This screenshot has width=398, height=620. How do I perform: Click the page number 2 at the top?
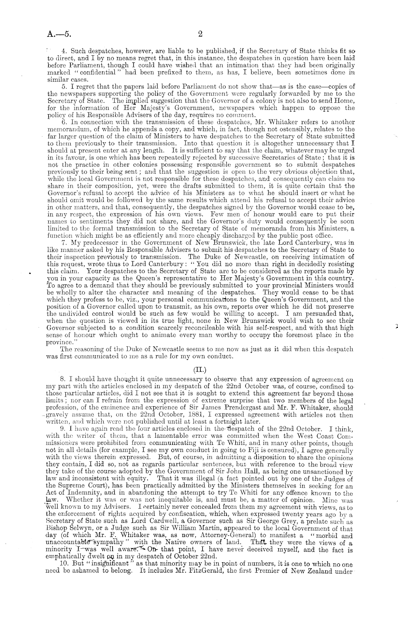[200, 34]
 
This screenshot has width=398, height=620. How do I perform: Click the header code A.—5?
[59, 35]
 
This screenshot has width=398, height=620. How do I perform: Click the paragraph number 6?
[64, 122]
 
